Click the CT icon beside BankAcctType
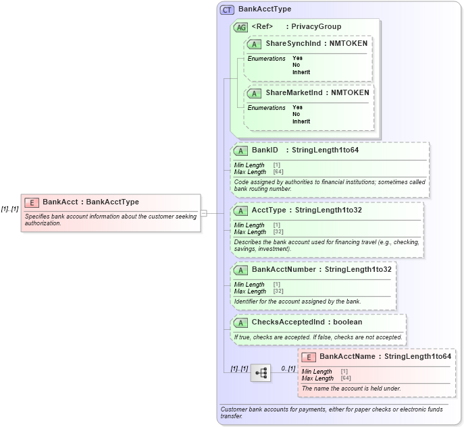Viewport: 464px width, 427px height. tap(228, 9)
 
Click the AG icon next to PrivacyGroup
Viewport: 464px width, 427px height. tap(240, 27)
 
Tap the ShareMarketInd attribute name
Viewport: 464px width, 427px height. tap(284, 92)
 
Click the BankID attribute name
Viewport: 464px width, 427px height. tap(265, 150)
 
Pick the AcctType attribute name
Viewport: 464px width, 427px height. tap(269, 210)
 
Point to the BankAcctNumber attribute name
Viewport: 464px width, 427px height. tap(283, 269)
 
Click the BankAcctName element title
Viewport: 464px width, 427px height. tap(348, 356)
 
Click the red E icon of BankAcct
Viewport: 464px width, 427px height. tap(31, 202)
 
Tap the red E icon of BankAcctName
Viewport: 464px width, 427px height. tap(308, 357)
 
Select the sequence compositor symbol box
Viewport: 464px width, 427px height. tap(260, 372)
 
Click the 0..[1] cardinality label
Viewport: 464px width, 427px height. tap(288, 368)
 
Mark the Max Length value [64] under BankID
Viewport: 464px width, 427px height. tap(278, 172)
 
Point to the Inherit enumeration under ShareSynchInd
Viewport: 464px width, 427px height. tap(301, 72)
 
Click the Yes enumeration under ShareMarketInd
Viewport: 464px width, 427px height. tap(297, 107)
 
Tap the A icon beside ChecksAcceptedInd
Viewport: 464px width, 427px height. tap(240, 322)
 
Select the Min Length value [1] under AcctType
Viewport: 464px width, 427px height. tap(277, 225)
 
